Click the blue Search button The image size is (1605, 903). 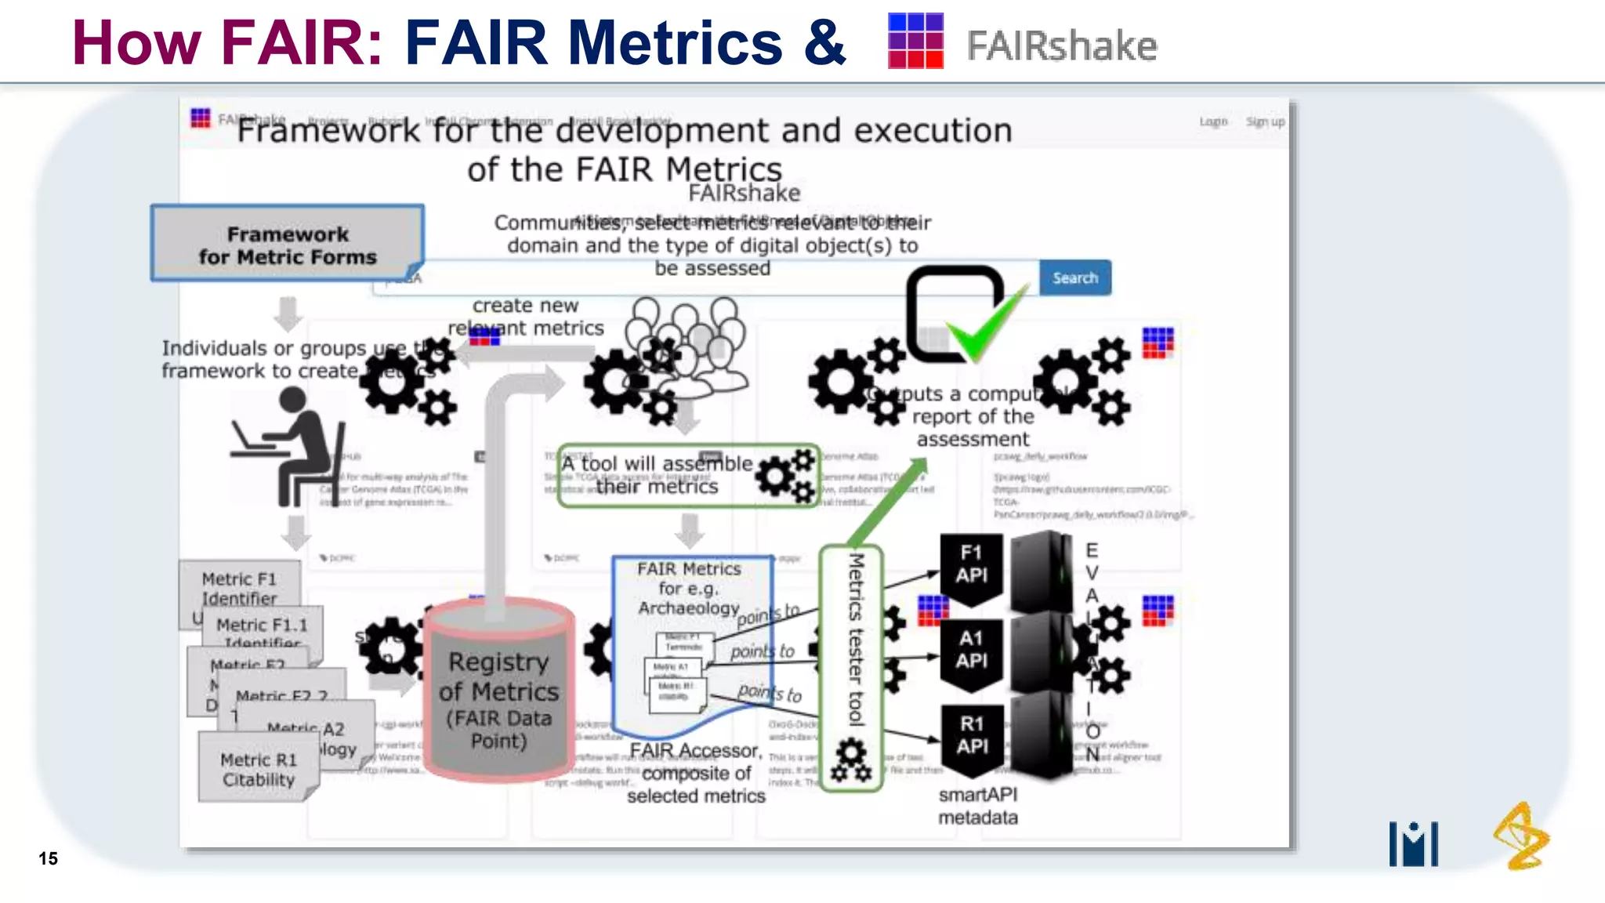1074,277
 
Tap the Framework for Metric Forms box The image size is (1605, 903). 288,245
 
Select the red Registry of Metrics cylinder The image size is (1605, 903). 499,690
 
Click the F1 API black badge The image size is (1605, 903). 971,564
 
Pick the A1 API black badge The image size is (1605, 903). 971,650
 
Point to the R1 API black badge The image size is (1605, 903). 971,735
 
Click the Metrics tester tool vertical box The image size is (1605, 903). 853,666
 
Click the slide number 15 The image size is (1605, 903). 48,858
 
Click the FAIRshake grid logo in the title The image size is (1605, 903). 915,41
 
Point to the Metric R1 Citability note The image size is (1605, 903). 258,769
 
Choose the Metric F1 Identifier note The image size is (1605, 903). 239,588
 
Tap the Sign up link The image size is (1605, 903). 1265,121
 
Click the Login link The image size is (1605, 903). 1212,121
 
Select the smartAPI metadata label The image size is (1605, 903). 978,806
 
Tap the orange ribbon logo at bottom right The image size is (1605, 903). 1520,836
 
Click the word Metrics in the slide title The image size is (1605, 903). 675,42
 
